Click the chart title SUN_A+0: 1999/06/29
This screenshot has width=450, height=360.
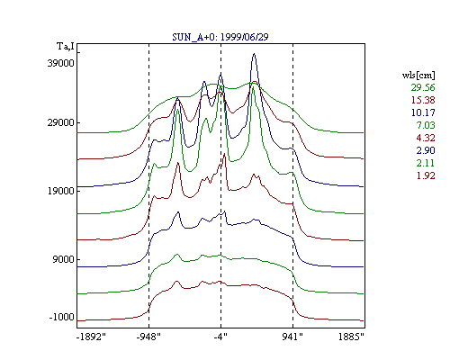click(x=220, y=37)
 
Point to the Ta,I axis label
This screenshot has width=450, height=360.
click(x=66, y=47)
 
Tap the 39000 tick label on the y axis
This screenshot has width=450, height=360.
click(x=60, y=63)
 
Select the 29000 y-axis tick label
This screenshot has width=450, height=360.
click(x=60, y=122)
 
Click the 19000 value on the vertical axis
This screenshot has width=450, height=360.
click(x=60, y=191)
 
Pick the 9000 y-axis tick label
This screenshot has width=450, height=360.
click(x=63, y=259)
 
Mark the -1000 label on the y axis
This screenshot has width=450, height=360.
click(x=61, y=317)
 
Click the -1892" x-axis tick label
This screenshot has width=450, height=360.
click(x=91, y=337)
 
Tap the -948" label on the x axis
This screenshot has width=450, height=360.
click(x=148, y=337)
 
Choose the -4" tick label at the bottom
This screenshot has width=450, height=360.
click(x=220, y=337)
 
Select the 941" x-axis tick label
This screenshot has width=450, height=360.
click(x=292, y=337)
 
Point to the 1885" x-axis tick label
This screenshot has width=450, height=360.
click(x=351, y=337)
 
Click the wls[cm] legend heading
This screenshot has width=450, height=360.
click(x=418, y=75)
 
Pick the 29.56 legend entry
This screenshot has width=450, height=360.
click(x=423, y=87)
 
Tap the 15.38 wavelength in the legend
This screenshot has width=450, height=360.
click(x=423, y=100)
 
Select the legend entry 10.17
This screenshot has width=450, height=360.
click(x=423, y=112)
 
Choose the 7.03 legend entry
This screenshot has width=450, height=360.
click(x=426, y=125)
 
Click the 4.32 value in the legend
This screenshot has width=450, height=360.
click(x=426, y=138)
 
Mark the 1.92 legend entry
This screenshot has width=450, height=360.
click(x=426, y=175)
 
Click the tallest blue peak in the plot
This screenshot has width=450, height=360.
click(x=254, y=54)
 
